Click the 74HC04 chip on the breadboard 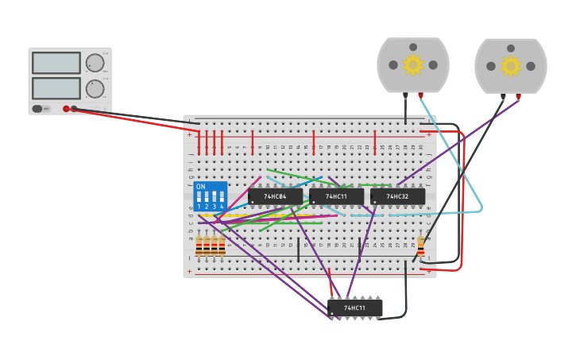tap(275, 195)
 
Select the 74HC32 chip tap(397, 195)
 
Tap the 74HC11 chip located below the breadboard tap(354, 308)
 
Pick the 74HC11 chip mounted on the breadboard tap(336, 195)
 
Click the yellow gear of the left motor tap(413, 65)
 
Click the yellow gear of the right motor tap(511, 65)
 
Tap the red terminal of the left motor tap(420, 95)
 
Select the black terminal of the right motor tap(504, 95)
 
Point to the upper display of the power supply tap(56, 63)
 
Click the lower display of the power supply tap(56, 87)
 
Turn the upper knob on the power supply tap(95, 63)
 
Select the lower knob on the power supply tap(95, 88)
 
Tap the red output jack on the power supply tap(66, 109)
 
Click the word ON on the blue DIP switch tap(200, 187)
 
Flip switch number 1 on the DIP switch tap(199, 197)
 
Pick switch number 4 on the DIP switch tap(222, 197)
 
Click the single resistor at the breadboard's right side tap(420, 246)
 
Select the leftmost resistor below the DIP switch tap(199, 246)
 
